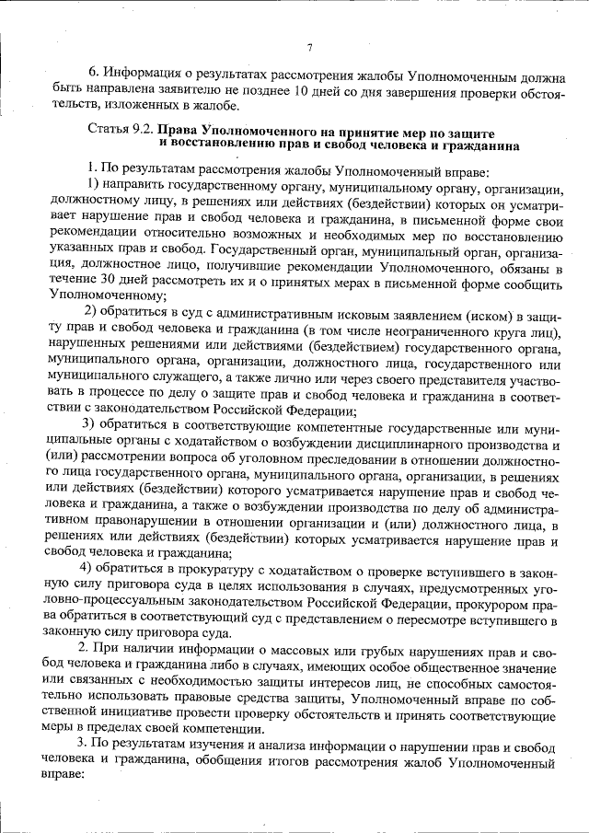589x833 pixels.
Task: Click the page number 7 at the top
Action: pos(309,48)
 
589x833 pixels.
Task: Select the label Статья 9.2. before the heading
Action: pos(118,131)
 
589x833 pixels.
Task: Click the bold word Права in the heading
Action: pos(179,131)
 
